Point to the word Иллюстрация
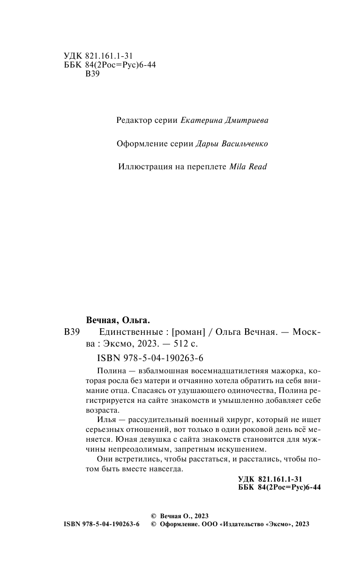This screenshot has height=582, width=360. click(x=141, y=166)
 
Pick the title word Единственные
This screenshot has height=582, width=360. click(x=128, y=333)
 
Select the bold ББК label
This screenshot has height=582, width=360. click(x=246, y=487)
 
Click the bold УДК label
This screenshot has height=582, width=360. click(x=246, y=479)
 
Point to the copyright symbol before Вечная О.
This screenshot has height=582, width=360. click(x=152, y=515)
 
